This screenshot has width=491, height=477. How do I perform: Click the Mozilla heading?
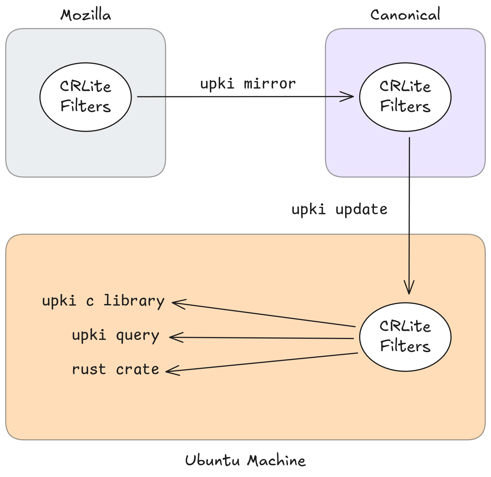click(x=86, y=15)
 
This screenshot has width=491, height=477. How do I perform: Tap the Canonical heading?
click(x=405, y=15)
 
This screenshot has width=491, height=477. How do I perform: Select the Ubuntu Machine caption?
click(x=245, y=460)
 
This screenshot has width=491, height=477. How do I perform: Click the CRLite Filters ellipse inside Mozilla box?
click(x=86, y=97)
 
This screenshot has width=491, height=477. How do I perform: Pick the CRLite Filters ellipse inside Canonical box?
click(x=405, y=97)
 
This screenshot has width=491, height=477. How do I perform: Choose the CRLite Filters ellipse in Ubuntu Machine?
click(x=405, y=337)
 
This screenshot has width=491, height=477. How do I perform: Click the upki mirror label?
click(x=248, y=84)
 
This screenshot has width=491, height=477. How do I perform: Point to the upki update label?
click(x=339, y=209)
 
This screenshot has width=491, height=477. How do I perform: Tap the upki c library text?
click(x=103, y=301)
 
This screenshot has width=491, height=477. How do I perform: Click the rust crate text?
click(x=115, y=369)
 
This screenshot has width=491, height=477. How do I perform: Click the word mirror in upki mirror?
click(x=270, y=84)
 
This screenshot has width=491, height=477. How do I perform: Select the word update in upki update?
click(x=361, y=209)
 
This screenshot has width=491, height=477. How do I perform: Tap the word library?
click(x=134, y=301)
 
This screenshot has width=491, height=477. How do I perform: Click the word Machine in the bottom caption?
click(x=276, y=460)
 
